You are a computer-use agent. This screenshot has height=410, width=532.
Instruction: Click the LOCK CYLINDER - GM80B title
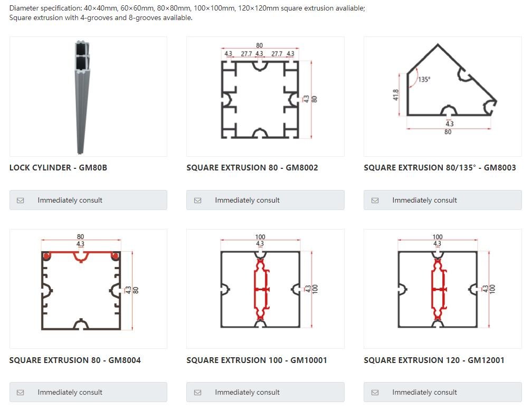coord(58,168)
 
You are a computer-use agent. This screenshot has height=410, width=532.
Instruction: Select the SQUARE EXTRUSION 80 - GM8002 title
coord(252,168)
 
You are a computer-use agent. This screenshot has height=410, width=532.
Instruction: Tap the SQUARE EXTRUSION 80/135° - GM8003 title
coord(440,168)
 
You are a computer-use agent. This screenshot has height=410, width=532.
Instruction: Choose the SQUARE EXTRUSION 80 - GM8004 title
coord(75,360)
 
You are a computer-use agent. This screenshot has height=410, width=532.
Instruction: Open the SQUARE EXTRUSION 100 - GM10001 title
coord(256,360)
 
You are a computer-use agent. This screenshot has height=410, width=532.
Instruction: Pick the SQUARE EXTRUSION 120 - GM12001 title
coord(434,360)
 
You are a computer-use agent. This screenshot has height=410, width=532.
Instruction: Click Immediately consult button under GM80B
coord(88,200)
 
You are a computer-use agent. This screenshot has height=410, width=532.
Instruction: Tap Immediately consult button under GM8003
coord(442,200)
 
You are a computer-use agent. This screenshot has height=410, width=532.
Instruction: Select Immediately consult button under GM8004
coord(88,392)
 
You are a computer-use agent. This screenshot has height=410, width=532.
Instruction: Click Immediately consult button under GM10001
coord(265,392)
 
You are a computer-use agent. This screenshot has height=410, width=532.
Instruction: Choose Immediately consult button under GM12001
coord(442,392)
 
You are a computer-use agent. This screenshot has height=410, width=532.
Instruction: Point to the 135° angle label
coord(424,80)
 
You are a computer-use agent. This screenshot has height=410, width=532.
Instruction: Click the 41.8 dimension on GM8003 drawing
coord(396,96)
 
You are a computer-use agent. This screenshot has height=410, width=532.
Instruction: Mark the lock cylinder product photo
coord(81,97)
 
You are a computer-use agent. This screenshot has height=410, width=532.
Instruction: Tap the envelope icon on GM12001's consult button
coord(375,393)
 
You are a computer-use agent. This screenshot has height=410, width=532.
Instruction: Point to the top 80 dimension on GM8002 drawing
coord(259,46)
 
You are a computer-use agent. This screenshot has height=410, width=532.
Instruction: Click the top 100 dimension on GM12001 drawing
coord(438,237)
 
